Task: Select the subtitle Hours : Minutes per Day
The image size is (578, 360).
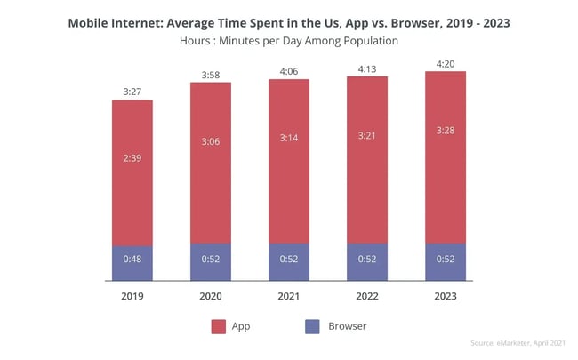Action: [289, 41]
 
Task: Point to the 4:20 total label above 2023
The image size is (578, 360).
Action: [446, 61]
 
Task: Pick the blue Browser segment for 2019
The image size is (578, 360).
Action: [132, 263]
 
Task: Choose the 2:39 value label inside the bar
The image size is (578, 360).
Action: [132, 157]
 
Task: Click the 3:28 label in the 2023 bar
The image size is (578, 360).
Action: [446, 131]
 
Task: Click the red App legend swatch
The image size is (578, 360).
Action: [218, 326]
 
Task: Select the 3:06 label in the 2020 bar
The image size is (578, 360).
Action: [210, 140]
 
